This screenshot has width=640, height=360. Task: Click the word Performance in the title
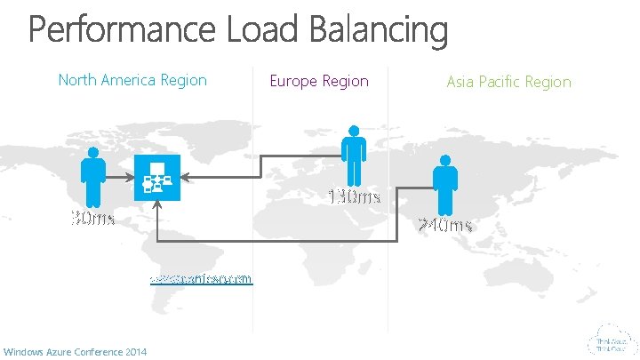pos(121,31)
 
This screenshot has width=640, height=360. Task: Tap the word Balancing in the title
pos(379,31)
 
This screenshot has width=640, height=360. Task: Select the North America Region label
pos(132,80)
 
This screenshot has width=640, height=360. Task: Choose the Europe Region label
pos(319,81)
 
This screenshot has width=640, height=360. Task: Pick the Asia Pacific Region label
pos(508,82)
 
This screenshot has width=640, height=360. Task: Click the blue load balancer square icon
pos(156,174)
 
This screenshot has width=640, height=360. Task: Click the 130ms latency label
pos(355,196)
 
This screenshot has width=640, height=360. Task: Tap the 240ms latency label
pos(445,225)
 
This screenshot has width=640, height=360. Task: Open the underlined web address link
pos(202,278)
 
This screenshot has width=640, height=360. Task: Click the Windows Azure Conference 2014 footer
pos(75,353)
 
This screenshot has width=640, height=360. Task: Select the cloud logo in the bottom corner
pos(611,340)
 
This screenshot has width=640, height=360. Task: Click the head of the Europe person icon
pos(354,132)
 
